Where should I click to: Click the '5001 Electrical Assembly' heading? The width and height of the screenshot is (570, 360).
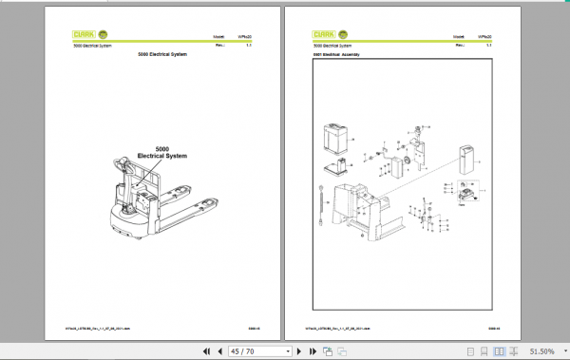click(x=337, y=55)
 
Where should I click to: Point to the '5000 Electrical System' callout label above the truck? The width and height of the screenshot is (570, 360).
click(x=161, y=151)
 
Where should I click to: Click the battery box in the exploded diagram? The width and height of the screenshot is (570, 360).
click(x=337, y=137)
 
